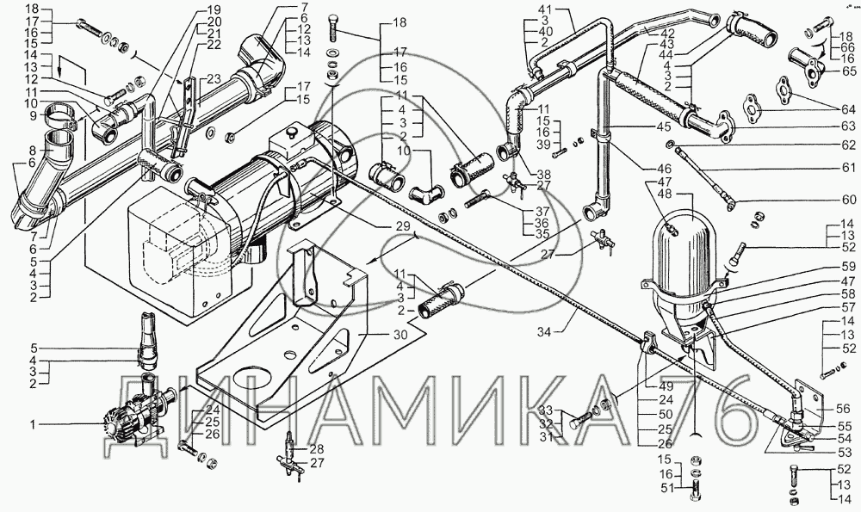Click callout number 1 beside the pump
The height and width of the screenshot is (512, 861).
34,423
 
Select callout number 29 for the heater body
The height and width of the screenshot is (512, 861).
401,226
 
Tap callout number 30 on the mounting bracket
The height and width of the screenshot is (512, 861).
400,334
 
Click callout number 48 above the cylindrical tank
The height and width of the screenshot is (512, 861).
664,194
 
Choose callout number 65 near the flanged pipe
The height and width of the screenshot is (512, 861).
848,71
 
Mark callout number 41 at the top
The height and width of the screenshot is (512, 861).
545,9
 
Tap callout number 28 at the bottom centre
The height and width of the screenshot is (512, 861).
317,448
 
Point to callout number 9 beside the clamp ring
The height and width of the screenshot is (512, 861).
34,116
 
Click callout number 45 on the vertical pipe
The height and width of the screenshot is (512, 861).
663,126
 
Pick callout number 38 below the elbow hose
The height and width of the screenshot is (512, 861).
543,175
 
